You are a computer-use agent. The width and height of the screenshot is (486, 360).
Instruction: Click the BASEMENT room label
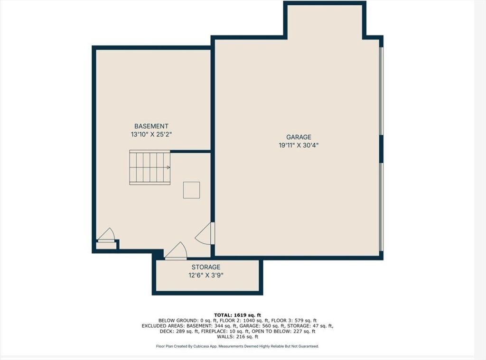[x=151, y=126]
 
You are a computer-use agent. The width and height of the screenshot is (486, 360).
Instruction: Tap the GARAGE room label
[x=299, y=137]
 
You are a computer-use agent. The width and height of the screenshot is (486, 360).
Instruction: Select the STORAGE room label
[x=206, y=267]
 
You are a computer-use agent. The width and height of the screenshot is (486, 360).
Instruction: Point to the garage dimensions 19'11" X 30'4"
[x=299, y=145]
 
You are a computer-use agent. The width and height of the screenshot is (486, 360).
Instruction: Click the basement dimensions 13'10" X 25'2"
[x=151, y=134]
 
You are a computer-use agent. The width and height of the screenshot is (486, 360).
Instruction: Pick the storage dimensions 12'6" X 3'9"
[x=206, y=276]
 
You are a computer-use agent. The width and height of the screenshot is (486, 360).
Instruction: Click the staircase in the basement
[x=150, y=167]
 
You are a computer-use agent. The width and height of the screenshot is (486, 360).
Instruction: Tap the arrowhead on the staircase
[x=168, y=167]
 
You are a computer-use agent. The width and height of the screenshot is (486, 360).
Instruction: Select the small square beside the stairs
[x=191, y=190]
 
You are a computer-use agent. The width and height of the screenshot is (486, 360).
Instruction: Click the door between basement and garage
[x=205, y=233]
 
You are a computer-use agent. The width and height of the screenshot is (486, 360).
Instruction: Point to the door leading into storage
[x=176, y=250]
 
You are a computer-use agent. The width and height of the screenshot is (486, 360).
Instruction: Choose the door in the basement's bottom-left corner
[x=106, y=234]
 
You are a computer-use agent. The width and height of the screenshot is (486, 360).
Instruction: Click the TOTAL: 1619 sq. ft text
[x=237, y=315]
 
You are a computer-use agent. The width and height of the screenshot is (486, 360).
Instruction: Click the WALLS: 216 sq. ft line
[x=237, y=336]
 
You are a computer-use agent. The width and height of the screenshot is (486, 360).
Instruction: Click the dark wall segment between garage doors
[x=381, y=149]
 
